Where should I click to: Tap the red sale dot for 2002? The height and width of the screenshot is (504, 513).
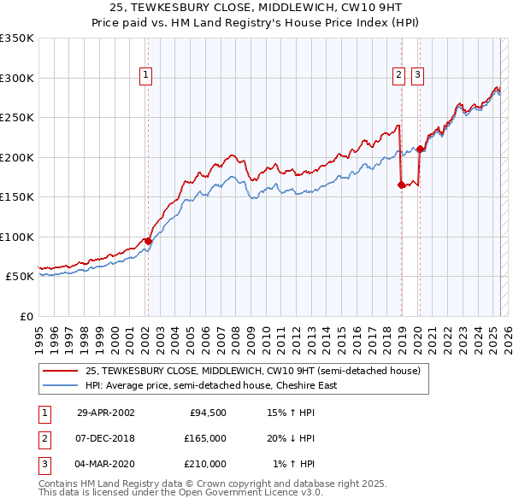(148, 241)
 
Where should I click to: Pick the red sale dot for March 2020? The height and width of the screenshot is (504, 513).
(420, 149)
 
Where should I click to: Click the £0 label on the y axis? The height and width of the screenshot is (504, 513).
(25, 317)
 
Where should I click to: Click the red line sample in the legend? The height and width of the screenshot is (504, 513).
(61, 372)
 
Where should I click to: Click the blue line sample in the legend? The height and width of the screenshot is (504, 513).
(61, 385)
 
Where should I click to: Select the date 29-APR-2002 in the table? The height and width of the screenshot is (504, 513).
(106, 413)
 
